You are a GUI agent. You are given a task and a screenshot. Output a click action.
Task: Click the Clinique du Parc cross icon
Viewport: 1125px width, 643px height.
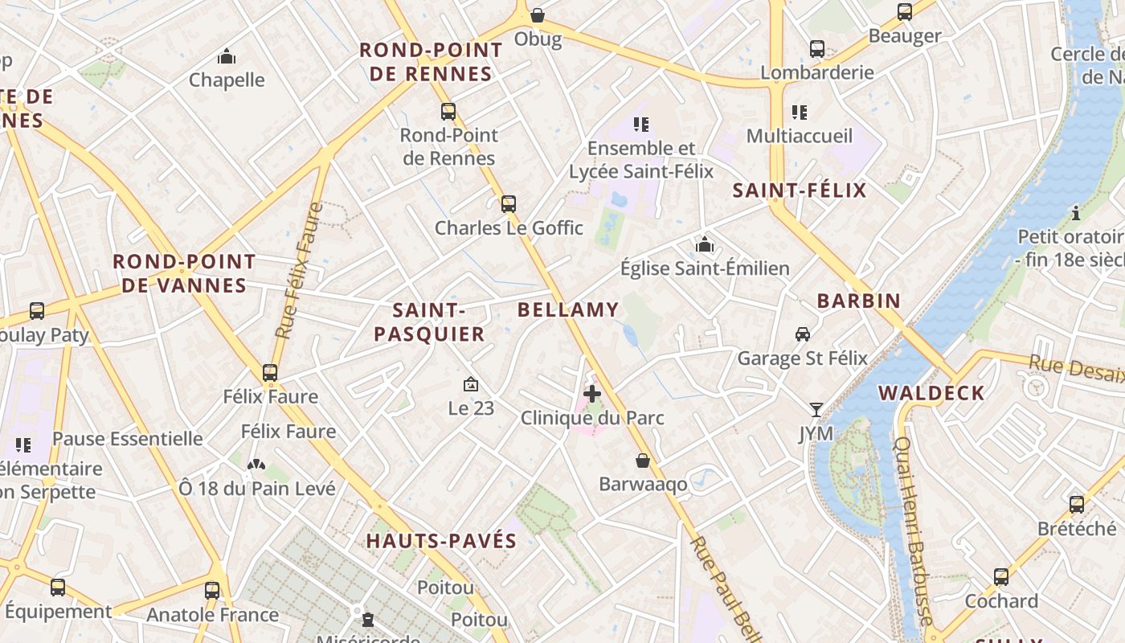(592, 394)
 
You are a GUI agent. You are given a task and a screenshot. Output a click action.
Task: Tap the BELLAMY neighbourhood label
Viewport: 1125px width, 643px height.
(568, 309)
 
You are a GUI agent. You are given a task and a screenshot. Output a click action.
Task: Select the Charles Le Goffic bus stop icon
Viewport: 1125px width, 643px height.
(509, 204)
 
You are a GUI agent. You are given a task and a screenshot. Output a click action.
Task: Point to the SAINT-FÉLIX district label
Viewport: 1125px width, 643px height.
(800, 190)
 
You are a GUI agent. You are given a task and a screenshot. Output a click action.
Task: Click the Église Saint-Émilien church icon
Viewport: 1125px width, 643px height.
(705, 244)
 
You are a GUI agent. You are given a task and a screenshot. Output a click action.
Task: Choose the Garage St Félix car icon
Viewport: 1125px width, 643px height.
(802, 334)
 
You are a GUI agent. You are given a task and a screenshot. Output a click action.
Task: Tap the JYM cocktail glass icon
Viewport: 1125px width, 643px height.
(816, 410)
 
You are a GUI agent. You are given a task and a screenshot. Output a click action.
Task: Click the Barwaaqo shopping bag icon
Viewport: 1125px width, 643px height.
(643, 461)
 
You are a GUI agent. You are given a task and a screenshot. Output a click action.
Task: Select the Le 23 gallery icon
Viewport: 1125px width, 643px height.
(471, 384)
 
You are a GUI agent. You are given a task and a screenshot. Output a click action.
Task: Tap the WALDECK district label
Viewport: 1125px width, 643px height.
(931, 393)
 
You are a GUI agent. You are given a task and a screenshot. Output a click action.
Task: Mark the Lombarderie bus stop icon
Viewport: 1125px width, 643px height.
(817, 49)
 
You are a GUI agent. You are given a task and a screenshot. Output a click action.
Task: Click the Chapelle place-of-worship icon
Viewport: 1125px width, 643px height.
(227, 56)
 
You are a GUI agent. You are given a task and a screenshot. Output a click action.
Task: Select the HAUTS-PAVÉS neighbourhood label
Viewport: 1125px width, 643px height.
(441, 541)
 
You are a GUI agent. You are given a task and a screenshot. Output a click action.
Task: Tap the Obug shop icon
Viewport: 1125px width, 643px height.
(538, 15)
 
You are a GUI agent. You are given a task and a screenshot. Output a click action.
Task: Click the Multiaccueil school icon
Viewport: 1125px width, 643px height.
(799, 112)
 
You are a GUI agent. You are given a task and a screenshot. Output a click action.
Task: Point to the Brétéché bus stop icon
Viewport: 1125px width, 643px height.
(1077, 505)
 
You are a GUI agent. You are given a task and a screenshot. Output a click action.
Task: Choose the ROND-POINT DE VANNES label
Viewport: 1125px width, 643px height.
(184, 273)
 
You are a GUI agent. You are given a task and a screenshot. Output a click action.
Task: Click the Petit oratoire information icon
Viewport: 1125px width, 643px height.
(1076, 213)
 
